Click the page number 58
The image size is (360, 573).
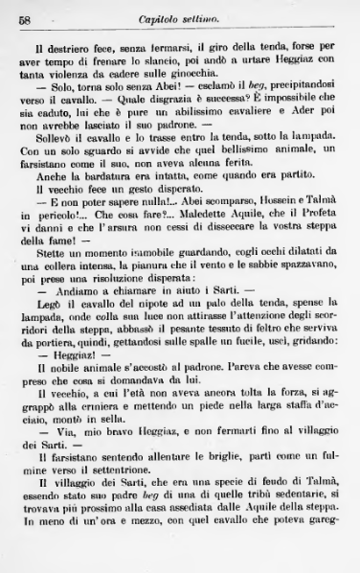coord(26,19)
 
